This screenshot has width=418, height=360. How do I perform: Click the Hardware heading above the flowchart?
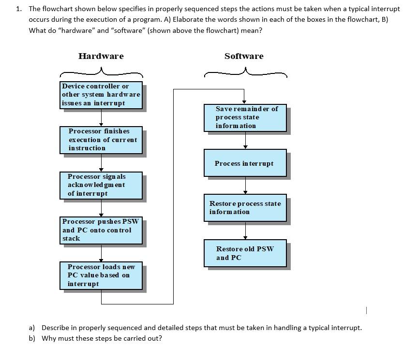(x=101, y=56)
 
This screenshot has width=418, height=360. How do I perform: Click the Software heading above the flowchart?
(x=244, y=56)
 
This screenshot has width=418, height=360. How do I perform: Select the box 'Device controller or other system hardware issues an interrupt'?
(x=102, y=95)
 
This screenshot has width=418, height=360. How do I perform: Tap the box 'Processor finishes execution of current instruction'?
(x=102, y=140)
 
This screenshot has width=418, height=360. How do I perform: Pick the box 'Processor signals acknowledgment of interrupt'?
(x=101, y=185)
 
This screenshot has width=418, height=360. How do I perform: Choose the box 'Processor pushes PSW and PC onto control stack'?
(x=102, y=230)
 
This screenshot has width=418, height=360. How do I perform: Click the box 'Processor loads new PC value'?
(x=102, y=275)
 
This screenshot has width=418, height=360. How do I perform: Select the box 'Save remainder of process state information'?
(x=245, y=117)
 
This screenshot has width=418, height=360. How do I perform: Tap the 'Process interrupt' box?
(x=245, y=163)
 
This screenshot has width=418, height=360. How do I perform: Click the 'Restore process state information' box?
(x=245, y=208)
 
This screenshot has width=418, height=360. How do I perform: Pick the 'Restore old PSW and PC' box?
(x=245, y=253)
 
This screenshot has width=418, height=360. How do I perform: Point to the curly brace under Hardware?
(x=101, y=73)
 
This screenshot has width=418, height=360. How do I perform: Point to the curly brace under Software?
(x=245, y=73)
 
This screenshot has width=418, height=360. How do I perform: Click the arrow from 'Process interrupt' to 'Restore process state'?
(x=245, y=185)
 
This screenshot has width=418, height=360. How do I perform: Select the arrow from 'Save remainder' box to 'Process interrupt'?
(x=245, y=140)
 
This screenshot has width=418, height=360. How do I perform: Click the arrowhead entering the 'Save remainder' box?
(x=244, y=101)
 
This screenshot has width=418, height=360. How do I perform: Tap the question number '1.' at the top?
(x=19, y=9)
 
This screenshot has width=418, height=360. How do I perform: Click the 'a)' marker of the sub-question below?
(x=32, y=328)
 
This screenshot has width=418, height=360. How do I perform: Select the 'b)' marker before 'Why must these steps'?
(x=32, y=338)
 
